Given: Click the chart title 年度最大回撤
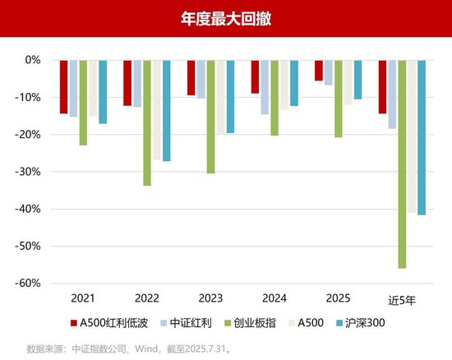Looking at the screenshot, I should coord(225,18).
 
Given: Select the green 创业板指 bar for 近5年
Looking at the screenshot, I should coord(402,164).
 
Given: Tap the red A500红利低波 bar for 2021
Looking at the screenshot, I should coord(64,86).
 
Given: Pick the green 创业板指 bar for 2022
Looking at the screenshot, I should coord(147,122).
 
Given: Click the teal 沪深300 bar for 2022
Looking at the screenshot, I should coord(166,110).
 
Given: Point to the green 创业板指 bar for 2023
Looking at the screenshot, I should coord(210,116).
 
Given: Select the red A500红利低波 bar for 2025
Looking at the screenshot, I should coord(319,70).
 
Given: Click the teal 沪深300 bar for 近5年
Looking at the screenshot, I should coord(422,137).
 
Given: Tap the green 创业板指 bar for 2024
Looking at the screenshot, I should coord(274,97).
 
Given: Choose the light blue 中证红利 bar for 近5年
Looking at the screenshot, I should coord(392,94).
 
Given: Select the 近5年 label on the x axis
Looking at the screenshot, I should coord(402,298).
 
